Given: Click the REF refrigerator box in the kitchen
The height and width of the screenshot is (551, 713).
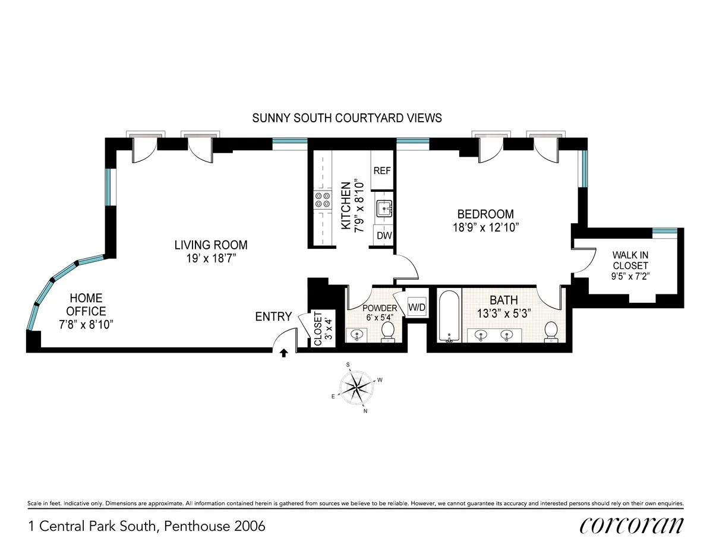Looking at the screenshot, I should (382, 170).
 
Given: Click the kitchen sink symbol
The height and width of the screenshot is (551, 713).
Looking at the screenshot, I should (383, 208).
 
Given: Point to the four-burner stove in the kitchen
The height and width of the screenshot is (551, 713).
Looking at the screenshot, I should (323, 200).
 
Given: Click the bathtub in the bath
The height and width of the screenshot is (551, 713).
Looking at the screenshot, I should (449, 316).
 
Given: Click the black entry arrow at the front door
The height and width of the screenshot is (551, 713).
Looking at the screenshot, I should (284, 353).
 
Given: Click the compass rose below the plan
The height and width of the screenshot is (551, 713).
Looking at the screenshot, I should (355, 388).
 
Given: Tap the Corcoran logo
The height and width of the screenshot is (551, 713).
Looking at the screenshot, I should (631, 525).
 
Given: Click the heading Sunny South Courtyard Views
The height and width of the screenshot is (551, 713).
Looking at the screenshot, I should (347, 118).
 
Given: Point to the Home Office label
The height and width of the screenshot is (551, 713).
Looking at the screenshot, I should (86, 304).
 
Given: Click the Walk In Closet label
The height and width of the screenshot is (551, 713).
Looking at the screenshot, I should (630, 261).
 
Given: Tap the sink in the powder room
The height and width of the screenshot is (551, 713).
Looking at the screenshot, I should (357, 334).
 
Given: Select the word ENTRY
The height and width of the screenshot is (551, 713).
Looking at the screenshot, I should (273, 316).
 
